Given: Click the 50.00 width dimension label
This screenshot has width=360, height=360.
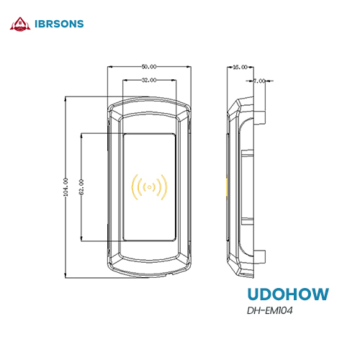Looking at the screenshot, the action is coord(149,67).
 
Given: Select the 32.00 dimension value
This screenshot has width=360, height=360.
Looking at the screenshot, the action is coord(149,80).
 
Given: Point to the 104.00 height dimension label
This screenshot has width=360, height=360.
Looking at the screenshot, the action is coord(66,187).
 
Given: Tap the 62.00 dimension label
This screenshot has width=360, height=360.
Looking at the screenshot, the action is coord(81,187).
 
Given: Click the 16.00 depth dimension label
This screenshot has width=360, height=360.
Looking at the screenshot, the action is coord(240,67).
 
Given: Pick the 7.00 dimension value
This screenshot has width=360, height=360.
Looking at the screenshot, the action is coord(259,81).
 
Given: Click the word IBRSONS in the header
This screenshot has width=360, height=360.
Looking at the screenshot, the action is coord(59,24).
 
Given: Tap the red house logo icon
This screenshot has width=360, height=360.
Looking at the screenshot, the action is coord(20,24).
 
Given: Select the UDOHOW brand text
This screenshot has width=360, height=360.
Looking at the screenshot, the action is coord(288,294).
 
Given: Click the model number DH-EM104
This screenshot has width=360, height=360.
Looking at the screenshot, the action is coord(270,310).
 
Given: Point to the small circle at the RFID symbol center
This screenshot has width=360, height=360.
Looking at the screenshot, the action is coord(149,187).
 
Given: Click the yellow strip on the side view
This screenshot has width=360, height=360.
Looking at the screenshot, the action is coord(227,187).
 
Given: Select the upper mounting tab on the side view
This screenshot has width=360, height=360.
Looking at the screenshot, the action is coord(259,117).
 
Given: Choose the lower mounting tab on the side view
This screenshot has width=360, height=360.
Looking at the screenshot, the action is coord(259,257).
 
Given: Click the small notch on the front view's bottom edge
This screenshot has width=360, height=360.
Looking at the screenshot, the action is coord(170,274).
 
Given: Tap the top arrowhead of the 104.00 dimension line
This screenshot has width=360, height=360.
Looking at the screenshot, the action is coord(66,99).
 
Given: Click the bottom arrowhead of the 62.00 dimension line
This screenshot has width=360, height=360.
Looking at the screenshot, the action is coord(81,239).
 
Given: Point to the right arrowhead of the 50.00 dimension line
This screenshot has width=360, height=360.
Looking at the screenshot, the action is coord(189,67).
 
